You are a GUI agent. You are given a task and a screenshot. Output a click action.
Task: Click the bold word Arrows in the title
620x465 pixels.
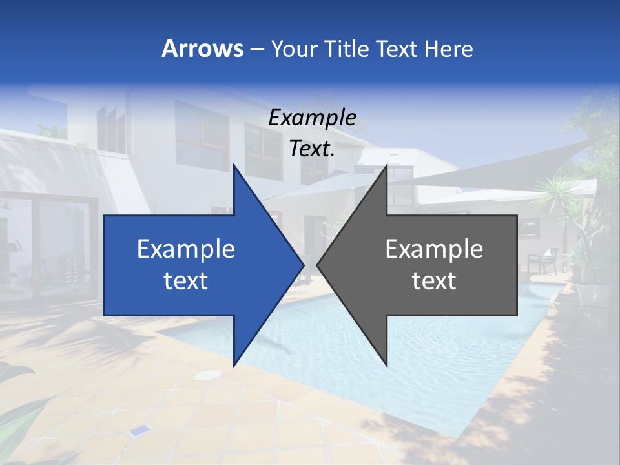pyautogui.click(x=202, y=48)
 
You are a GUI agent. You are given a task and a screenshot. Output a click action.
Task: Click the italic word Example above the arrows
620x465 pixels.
pyautogui.click(x=312, y=118)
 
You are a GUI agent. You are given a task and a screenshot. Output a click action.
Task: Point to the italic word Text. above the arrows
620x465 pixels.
pyautogui.click(x=312, y=149)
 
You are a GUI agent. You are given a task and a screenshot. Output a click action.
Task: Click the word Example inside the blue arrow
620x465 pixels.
pyautogui.click(x=186, y=249)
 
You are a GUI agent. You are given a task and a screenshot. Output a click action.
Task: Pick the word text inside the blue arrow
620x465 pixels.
pyautogui.click(x=186, y=281)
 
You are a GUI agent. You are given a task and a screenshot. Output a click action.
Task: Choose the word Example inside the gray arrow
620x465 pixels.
pyautogui.click(x=434, y=249)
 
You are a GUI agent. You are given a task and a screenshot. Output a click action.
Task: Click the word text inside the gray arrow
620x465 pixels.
pyautogui.click(x=434, y=281)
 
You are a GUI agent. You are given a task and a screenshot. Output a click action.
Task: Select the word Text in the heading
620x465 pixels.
pyautogui.click(x=398, y=48)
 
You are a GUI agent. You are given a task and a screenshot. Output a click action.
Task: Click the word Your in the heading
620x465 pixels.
pyautogui.click(x=294, y=48)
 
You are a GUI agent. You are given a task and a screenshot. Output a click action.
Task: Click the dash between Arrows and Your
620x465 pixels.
pyautogui.click(x=256, y=49)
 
